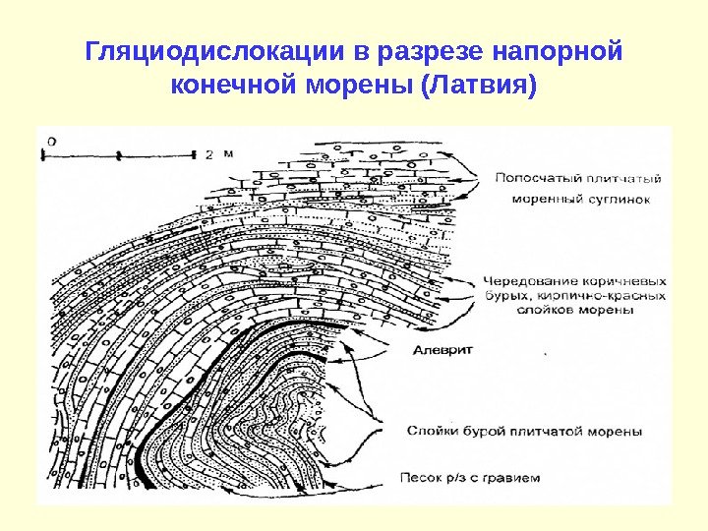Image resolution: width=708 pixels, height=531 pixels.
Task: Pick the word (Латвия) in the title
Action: coord(479,86)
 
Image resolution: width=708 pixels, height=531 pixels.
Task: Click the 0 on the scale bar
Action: coord(51,141)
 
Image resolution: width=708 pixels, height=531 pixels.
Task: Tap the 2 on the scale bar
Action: coord(209,154)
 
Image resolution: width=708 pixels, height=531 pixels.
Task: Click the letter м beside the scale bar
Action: coord(227,154)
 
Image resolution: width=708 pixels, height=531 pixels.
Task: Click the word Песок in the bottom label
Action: coord(420,479)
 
